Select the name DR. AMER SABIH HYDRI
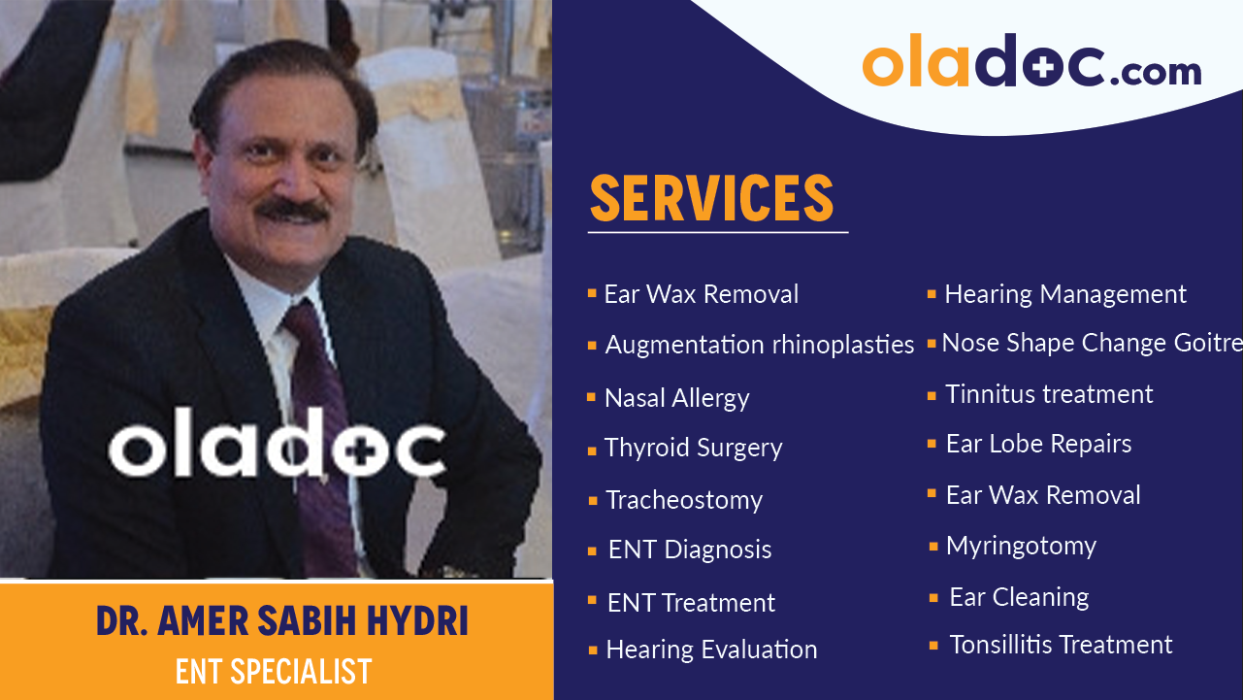(281, 621)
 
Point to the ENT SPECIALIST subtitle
(274, 671)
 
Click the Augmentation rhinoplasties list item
(759, 345)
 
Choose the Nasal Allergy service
(676, 398)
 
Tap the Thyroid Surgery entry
(693, 448)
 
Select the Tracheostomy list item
(684, 500)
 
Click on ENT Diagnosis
(690, 550)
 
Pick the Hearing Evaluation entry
(711, 650)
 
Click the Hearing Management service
(1064, 294)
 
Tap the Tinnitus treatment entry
(1049, 394)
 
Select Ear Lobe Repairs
(1038, 444)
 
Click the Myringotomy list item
(1021, 546)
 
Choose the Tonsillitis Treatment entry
(1061, 645)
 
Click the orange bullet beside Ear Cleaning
(933, 598)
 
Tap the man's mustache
(293, 209)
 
